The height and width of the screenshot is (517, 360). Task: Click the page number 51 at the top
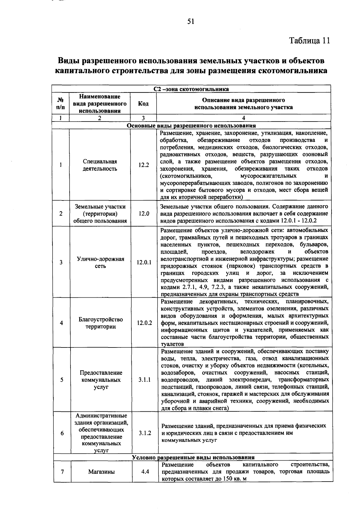point(191,21)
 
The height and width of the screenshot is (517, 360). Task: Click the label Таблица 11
point(309,41)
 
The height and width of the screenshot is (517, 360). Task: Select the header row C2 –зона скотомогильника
point(191,89)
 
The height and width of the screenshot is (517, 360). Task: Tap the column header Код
point(143,104)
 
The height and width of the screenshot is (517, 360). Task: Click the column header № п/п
point(60,104)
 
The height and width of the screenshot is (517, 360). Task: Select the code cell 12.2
point(143,165)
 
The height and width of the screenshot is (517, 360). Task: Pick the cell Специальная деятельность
point(100,165)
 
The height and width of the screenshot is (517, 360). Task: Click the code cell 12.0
point(144,214)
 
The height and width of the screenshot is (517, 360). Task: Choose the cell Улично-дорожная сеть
point(100,262)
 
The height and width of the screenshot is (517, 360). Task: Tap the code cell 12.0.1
point(144,262)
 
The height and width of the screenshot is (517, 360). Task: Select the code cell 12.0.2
point(144,323)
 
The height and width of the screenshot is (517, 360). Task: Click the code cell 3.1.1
point(145,380)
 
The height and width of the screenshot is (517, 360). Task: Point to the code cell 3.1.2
point(145,433)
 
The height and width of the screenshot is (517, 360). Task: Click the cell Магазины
point(101,472)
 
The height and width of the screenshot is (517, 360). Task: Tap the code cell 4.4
point(145,472)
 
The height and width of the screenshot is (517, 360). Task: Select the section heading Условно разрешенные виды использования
point(193,457)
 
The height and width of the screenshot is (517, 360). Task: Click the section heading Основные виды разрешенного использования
point(191,126)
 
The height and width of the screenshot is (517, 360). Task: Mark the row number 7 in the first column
point(62,472)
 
